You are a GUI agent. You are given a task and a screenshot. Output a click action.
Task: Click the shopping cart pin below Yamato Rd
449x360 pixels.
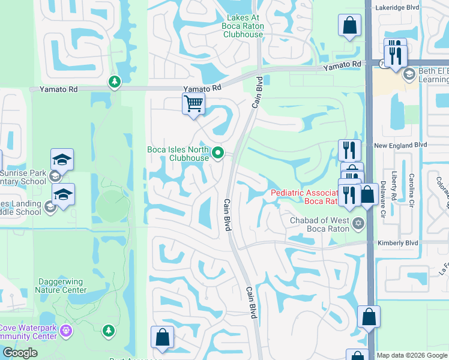193,104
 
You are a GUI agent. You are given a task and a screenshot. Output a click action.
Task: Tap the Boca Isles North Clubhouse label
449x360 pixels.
178,154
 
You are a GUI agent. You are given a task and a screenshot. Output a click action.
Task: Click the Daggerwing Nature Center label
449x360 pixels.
63,285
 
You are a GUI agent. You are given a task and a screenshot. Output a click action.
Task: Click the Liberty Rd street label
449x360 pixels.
394,186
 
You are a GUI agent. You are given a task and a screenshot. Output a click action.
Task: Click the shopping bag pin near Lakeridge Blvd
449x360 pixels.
349,26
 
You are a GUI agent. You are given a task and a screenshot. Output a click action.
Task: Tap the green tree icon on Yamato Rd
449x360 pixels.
114,82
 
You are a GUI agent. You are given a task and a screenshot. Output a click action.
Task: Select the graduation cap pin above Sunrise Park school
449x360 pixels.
62,160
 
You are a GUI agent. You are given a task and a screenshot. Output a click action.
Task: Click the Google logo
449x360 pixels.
19,353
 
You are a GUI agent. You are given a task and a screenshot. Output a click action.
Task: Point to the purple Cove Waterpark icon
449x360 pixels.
66,330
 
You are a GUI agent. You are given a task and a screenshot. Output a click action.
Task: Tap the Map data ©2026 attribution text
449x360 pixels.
412,355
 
